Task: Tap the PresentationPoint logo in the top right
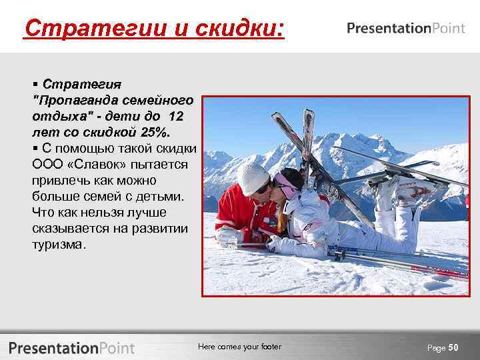pos(405,28)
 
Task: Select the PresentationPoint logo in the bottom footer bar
pos(72,347)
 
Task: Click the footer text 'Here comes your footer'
pos(239,347)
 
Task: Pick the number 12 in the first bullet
pos(176,116)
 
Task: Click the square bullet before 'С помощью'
pos(35,148)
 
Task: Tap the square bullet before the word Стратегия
pos(35,85)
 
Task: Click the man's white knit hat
pos(252,177)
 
